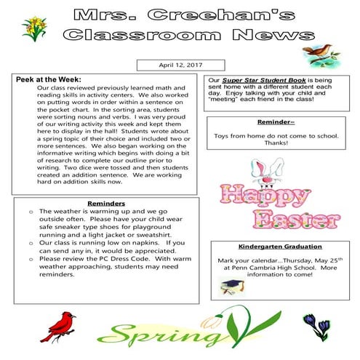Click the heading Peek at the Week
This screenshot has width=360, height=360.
tap(49, 79)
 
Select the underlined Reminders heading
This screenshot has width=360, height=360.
tap(106, 203)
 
